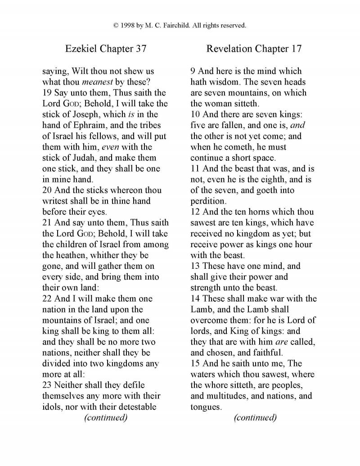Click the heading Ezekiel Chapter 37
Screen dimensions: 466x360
click(x=106, y=49)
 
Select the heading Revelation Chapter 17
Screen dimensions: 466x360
click(x=254, y=49)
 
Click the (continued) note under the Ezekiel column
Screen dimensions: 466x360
click(x=106, y=417)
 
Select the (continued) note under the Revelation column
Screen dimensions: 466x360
click(x=255, y=417)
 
